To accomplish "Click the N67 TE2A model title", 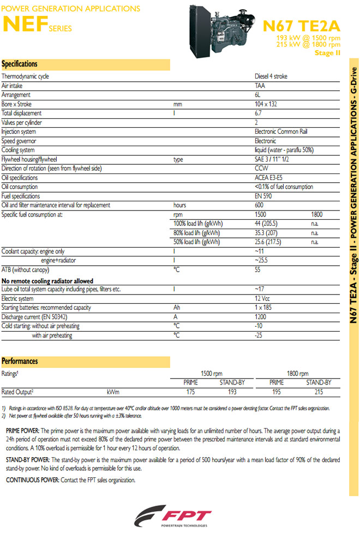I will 301,26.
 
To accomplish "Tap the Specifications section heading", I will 20,64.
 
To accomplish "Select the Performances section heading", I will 20,361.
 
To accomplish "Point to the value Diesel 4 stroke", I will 271,76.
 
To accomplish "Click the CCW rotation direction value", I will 261,169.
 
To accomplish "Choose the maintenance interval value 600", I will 259,206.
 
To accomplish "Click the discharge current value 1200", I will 261,317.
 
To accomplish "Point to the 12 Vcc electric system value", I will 263,298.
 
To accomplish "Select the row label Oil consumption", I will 20,187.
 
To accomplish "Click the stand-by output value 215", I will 319,392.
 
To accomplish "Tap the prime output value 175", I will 191,392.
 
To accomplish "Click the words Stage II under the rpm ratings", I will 327,53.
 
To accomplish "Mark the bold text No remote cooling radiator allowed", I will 47,280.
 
